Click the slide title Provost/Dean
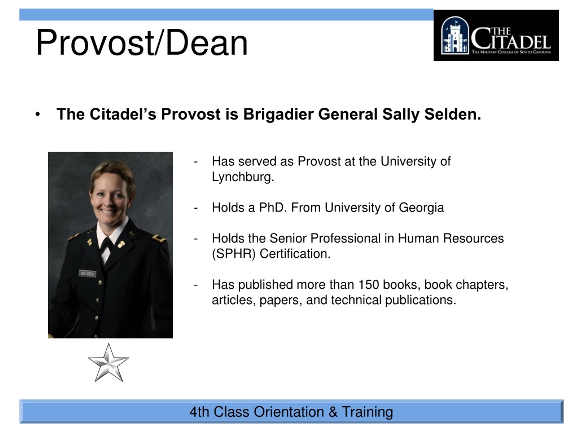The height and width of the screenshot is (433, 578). click(142, 42)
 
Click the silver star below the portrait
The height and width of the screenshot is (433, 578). click(108, 363)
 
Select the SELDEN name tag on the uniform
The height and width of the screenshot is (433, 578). click(87, 274)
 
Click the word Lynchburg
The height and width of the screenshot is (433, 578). click(243, 177)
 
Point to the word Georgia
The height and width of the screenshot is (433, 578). click(421, 208)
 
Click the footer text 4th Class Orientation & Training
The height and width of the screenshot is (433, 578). click(291, 412)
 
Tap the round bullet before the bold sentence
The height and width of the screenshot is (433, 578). click(38, 114)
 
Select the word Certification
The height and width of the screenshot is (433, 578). click(295, 254)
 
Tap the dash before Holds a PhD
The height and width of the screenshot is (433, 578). click(196, 208)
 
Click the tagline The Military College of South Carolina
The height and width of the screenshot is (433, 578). click(511, 52)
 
